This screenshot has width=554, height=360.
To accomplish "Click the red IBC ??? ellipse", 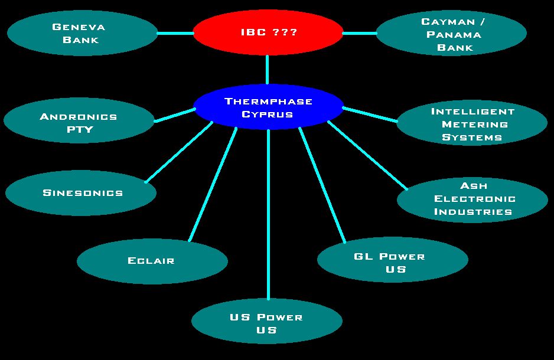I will [268, 32].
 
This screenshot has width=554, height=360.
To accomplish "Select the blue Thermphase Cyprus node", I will [268, 107].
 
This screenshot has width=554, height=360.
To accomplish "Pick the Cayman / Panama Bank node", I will [451, 34].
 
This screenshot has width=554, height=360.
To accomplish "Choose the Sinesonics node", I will [82, 193].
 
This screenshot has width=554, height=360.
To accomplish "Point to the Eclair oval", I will [152, 261].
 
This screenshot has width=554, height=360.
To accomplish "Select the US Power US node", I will [267, 323].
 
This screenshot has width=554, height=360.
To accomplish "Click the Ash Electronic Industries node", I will [472, 199].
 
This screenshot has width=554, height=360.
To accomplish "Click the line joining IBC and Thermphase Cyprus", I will [268, 70].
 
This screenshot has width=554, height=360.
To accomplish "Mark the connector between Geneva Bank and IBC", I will [175, 33].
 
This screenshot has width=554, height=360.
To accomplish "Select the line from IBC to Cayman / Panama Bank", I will [359, 33].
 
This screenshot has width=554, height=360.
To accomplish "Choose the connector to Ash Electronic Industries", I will [367, 155].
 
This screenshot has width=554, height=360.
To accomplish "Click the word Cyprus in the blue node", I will [268, 114].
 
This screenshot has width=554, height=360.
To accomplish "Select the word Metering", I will [475, 125].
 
